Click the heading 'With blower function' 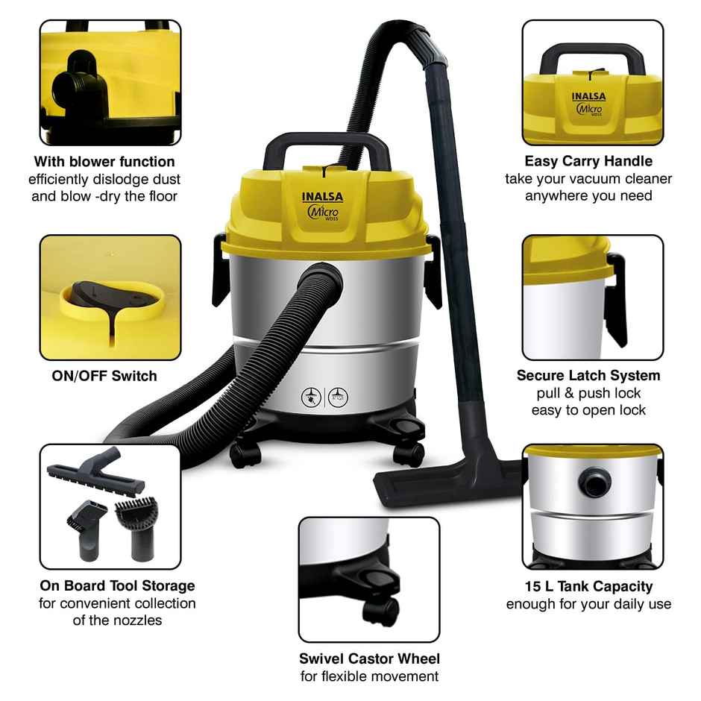coord(104,161)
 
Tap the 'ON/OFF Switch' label coord(104,375)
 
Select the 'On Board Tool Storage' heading coord(117,585)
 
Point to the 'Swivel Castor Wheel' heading coord(369,658)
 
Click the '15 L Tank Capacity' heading coord(588,586)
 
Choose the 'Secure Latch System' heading coord(588,375)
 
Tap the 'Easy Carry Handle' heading coord(588,161)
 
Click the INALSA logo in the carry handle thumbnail coord(590,95)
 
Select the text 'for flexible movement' coord(369,676)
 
